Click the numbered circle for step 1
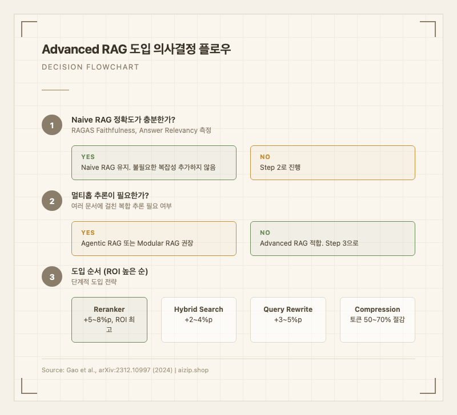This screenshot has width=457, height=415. (x=52, y=125)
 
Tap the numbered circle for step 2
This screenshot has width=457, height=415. (x=52, y=201)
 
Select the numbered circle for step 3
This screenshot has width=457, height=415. (x=52, y=277)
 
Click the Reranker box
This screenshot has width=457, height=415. (x=109, y=319)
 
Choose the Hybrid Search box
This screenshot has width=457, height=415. (x=198, y=319)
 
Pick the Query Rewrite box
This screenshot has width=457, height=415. (x=288, y=319)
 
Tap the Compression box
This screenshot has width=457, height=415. (x=377, y=319)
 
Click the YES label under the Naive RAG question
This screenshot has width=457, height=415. (x=88, y=157)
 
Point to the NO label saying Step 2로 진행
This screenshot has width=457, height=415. (x=265, y=157)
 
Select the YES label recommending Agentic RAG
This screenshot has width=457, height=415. (x=88, y=233)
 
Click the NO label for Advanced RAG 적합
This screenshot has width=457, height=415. (x=265, y=233)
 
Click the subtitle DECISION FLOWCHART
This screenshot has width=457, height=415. (x=90, y=67)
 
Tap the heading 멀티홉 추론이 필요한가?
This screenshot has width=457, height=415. (x=110, y=195)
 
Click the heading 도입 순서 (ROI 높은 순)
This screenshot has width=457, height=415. (x=110, y=271)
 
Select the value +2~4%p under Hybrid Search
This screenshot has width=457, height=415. (x=198, y=320)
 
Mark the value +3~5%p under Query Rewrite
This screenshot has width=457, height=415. (x=288, y=320)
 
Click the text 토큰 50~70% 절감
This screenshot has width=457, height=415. (x=377, y=320)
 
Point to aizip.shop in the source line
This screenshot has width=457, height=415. (x=193, y=370)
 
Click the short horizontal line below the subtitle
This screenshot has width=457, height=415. (x=55, y=89)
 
